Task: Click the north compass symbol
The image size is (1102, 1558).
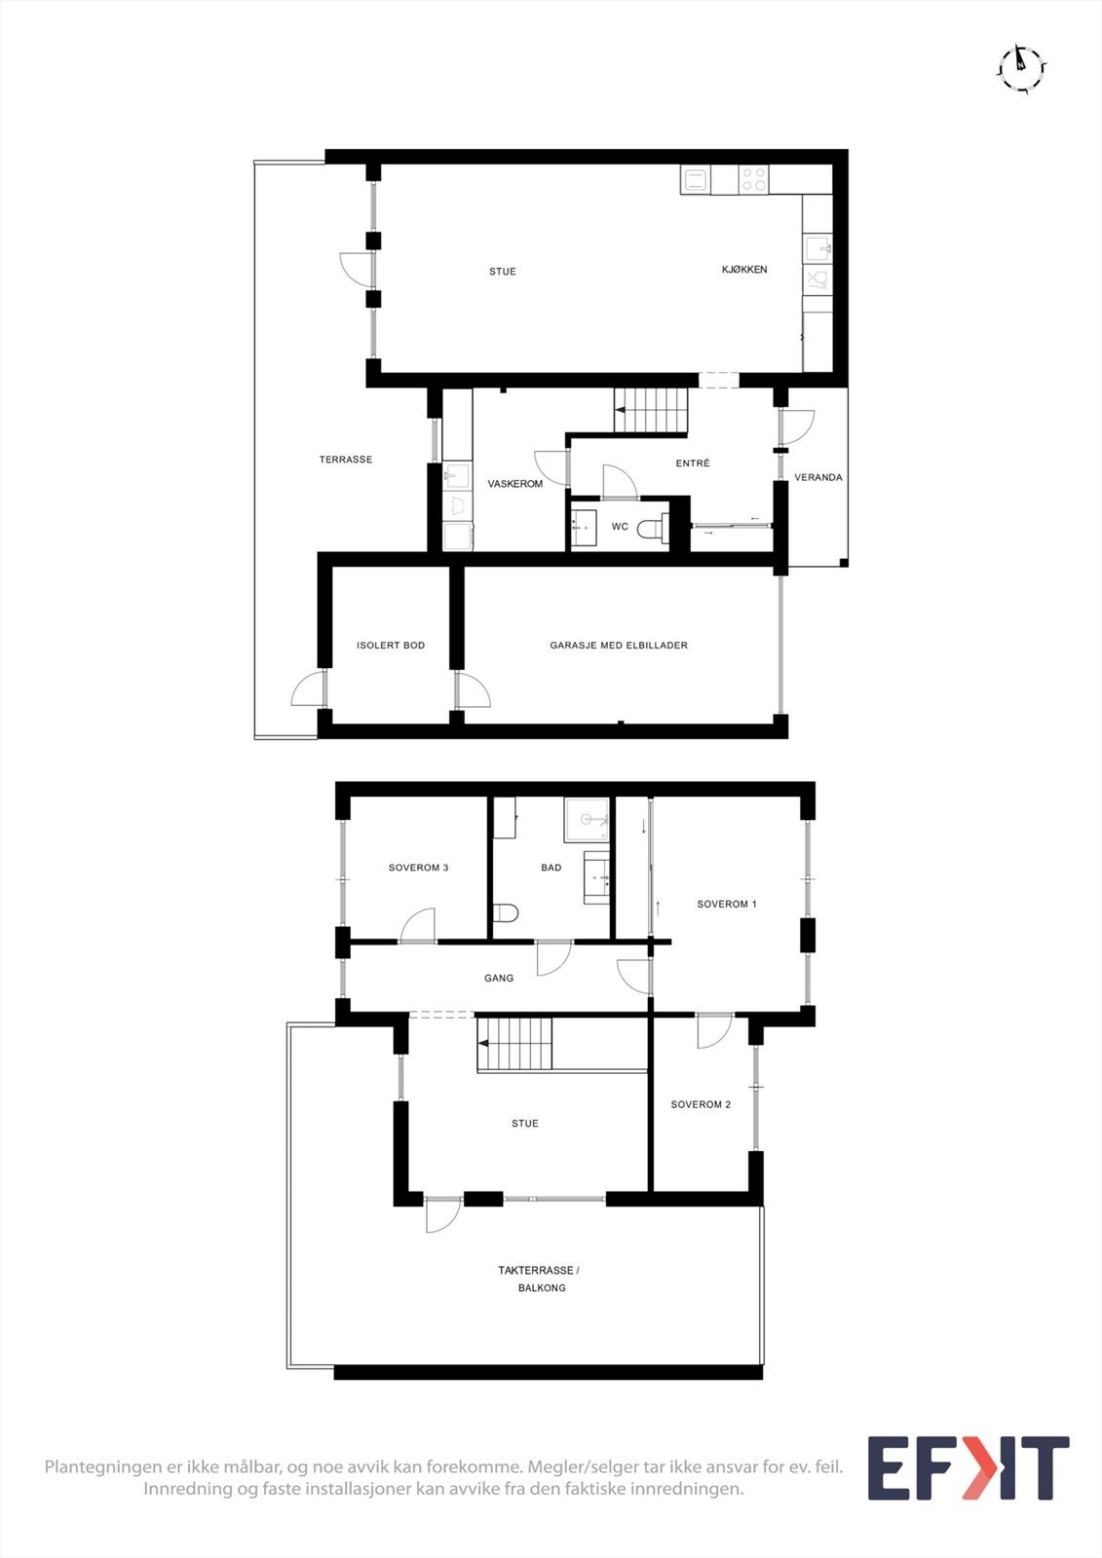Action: pos(1021,67)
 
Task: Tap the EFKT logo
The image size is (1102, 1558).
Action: pos(968,1467)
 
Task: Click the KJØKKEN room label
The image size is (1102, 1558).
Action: pos(744,270)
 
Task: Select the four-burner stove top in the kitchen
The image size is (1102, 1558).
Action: pos(754,179)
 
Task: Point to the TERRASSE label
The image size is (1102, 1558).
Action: pos(346,460)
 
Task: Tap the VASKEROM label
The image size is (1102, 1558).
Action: pos(515,484)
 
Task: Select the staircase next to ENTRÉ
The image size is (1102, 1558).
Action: pos(650,410)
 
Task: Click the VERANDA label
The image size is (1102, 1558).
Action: pos(818,477)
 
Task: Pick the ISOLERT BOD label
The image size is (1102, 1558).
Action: pos(391,646)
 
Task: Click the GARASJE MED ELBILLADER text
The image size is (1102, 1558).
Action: pos(619,646)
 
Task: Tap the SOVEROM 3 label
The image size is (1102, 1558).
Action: pos(418,868)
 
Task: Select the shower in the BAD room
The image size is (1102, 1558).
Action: pos(587,819)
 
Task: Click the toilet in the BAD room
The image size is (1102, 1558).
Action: pos(506,913)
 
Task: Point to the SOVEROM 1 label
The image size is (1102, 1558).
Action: pos(727,905)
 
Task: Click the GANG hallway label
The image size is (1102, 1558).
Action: pos(499,979)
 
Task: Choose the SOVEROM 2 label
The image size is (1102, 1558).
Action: pos(701,1105)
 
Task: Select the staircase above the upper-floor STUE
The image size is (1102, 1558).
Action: pos(513,1045)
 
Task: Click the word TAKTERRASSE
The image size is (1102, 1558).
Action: pos(537,1271)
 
